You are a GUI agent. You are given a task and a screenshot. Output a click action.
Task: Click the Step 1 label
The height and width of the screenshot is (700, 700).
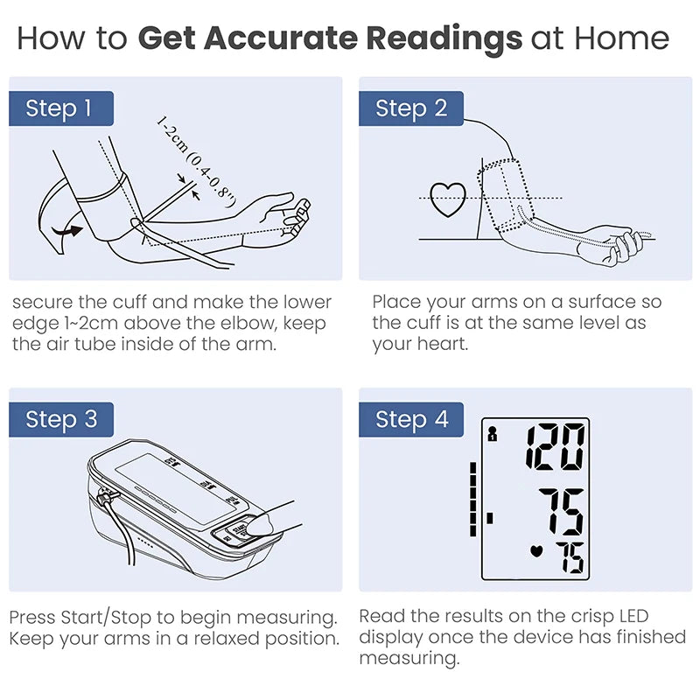coord(61,108)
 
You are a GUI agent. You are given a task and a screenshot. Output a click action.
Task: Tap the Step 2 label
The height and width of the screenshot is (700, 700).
coord(411,108)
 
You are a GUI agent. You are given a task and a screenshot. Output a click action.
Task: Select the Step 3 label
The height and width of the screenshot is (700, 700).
coord(61,420)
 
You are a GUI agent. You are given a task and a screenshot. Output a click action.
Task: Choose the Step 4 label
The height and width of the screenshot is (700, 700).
coord(411,420)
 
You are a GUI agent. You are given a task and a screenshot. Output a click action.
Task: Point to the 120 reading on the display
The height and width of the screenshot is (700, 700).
coord(556,447)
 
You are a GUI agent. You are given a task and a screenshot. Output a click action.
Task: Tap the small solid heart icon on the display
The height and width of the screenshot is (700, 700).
coord(536,551)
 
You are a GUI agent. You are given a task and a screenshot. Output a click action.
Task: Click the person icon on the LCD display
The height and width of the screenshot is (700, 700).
coord(493,434)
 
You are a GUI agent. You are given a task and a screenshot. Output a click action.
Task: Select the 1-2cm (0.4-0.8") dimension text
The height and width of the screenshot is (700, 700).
coord(195,162)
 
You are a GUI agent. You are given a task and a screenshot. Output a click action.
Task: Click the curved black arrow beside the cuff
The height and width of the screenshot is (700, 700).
coord(67,232)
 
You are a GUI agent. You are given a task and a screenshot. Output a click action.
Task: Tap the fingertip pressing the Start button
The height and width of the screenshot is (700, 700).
coord(259,524)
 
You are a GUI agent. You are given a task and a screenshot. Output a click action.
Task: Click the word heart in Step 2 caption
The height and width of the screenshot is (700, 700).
coord(443,344)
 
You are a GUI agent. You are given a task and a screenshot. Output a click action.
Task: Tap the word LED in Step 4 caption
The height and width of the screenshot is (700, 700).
coord(633,617)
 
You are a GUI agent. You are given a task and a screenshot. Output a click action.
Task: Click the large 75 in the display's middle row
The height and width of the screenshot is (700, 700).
coord(562,512)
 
